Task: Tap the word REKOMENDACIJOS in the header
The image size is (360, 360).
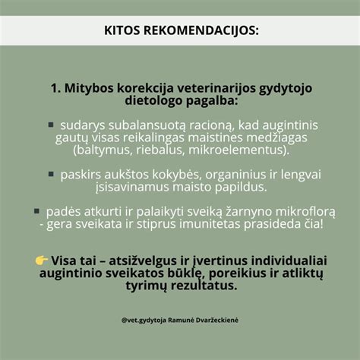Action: coord(201,32)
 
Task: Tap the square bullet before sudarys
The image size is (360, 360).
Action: coord(51,124)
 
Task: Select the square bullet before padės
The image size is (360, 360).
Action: coord(36,210)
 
